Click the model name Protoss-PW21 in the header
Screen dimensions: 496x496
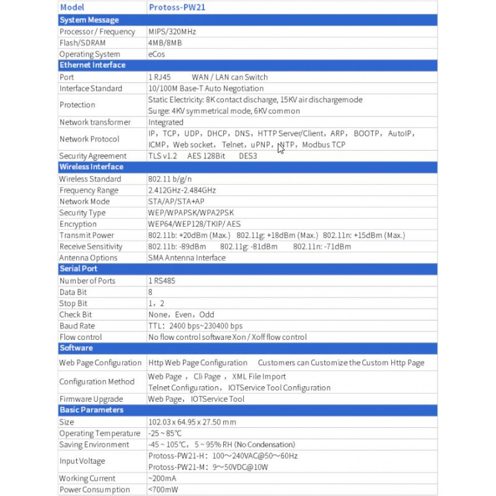tap(178, 8)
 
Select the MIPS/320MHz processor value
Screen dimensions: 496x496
tap(172, 32)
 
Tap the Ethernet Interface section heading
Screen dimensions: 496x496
tap(92, 65)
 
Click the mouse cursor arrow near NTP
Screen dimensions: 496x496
tap(281, 148)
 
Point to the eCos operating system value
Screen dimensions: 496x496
tap(156, 54)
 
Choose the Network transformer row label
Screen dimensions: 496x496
tap(95, 122)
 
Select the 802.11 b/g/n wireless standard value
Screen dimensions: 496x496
tap(169, 179)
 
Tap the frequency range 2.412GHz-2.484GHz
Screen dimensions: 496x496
tap(182, 190)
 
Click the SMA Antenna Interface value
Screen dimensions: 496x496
tap(187, 257)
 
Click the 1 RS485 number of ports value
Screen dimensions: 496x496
tap(162, 280)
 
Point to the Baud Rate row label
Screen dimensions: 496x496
tap(77, 325)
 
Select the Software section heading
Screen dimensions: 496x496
tap(76, 348)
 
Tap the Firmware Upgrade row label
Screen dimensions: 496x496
tap(91, 399)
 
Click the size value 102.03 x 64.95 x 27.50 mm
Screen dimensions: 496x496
tap(192, 422)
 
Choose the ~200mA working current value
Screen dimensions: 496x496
tap(162, 478)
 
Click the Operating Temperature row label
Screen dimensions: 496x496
tap(99, 433)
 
